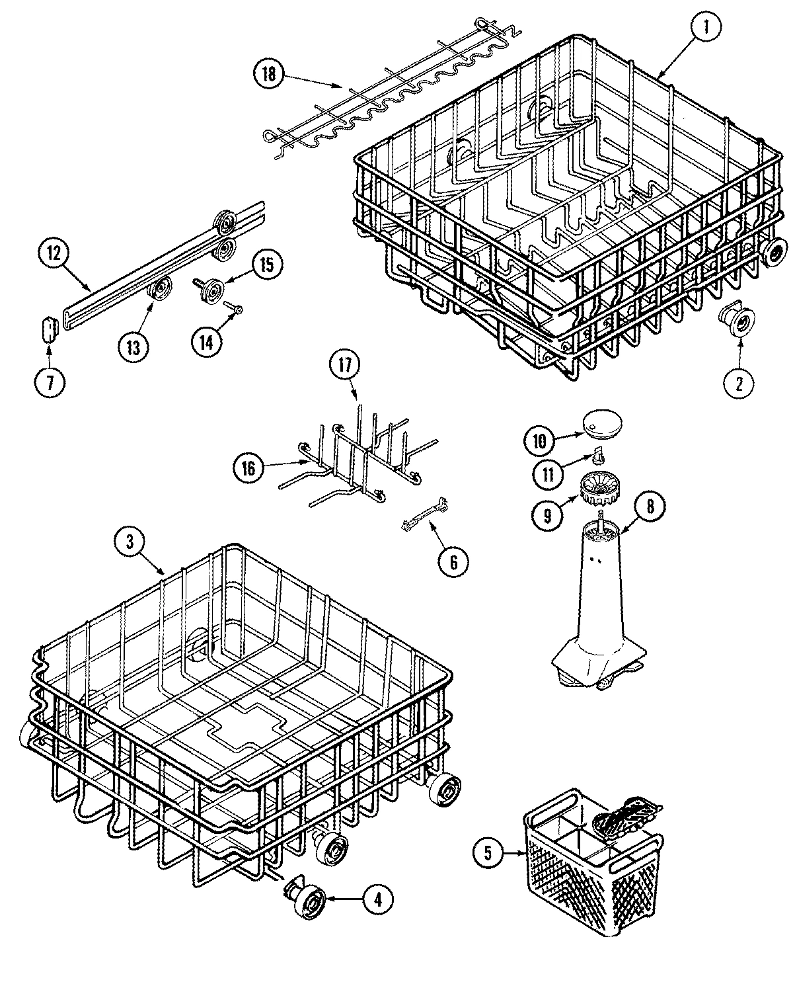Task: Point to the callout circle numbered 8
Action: click(650, 507)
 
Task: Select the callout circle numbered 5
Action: click(488, 853)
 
